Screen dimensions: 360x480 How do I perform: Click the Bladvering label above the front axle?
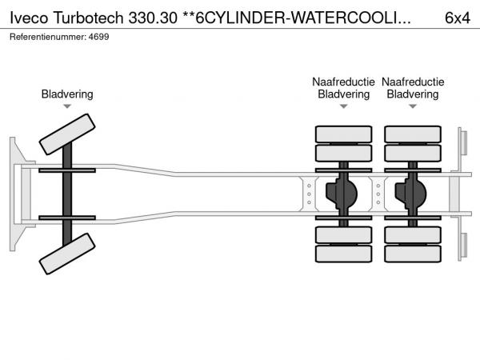click(67, 94)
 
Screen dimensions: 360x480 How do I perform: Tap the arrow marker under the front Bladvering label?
click(67, 106)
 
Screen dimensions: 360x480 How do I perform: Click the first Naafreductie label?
click(343, 82)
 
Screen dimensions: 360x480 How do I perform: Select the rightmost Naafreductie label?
click(413, 82)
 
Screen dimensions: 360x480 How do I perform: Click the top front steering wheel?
click(67, 134)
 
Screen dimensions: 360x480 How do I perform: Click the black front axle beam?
click(67, 196)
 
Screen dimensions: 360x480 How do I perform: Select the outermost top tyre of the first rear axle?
click(343, 134)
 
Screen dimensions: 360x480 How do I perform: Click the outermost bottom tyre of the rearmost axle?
click(413, 255)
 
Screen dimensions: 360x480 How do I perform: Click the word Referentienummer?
click(47, 37)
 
